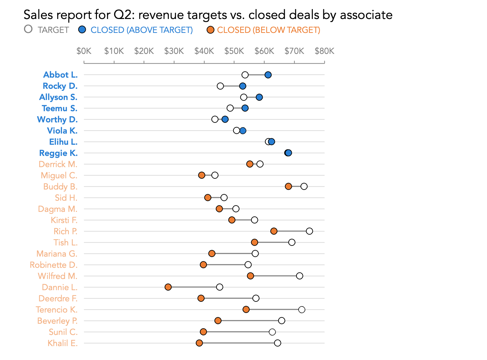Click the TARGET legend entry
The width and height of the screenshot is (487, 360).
point(47,30)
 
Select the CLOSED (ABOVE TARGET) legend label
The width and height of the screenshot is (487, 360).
point(141,30)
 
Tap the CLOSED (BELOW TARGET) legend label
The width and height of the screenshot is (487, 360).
point(268,30)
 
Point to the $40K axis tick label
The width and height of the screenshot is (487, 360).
point(204,51)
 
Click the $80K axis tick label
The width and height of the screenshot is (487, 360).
point(324,51)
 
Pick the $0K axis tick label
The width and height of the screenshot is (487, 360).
point(84,51)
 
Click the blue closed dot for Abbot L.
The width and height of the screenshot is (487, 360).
point(268,75)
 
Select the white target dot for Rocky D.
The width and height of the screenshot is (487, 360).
point(220,86)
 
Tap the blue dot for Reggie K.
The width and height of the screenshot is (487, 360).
point(288,153)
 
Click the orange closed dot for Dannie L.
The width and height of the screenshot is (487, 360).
point(168,287)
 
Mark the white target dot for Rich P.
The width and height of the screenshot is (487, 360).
point(309,231)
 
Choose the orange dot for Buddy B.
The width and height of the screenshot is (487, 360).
point(288,186)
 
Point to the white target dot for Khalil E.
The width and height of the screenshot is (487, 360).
point(278,343)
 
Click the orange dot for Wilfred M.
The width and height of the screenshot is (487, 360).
point(250,276)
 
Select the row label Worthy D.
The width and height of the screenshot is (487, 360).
point(57,119)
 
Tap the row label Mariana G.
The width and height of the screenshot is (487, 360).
point(57,254)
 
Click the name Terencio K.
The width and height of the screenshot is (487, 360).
point(57,309)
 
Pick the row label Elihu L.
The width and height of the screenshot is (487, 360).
point(63,142)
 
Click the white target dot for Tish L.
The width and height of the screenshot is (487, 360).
point(292,242)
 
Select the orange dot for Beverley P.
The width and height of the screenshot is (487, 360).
point(218,321)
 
